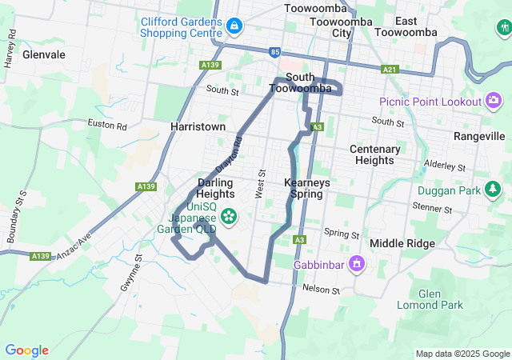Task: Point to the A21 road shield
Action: (x=390, y=70)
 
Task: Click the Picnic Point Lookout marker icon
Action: (x=494, y=101)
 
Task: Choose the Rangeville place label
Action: (x=479, y=137)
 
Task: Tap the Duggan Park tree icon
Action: (x=494, y=190)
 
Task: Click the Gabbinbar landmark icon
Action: (x=358, y=263)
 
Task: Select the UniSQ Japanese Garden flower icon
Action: (x=229, y=215)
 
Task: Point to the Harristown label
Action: (x=198, y=126)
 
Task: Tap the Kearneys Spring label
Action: (x=308, y=188)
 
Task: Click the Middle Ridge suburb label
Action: (x=402, y=243)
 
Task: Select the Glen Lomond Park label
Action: (x=430, y=299)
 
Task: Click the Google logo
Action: (x=26, y=350)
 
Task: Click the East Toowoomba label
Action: (x=416, y=26)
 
